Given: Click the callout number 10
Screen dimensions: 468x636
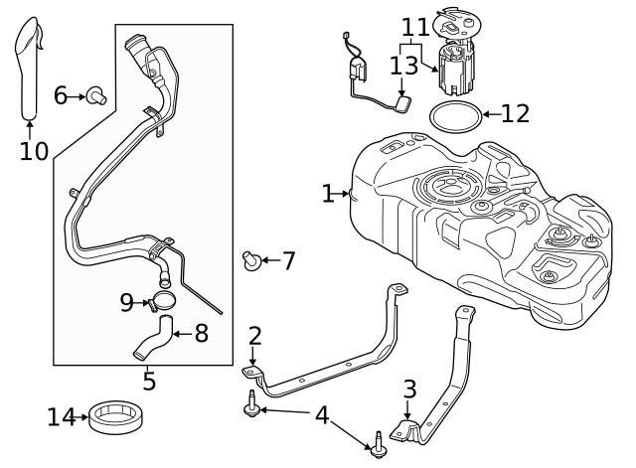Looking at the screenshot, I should (34, 151).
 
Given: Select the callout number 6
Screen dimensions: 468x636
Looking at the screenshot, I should (61, 95).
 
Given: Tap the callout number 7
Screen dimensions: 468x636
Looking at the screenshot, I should (288, 261).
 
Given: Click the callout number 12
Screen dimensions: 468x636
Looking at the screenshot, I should (516, 113).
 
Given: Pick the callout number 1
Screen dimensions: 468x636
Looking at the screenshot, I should (328, 194).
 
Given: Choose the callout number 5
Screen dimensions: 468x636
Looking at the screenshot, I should (149, 381).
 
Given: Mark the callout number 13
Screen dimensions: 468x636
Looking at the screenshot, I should (404, 66).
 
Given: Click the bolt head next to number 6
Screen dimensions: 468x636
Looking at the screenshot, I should (96, 95).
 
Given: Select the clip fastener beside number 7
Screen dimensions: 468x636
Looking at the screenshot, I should (252, 261).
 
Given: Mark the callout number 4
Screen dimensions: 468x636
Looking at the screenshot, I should (321, 414).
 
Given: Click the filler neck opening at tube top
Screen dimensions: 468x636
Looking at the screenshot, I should (136, 43).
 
